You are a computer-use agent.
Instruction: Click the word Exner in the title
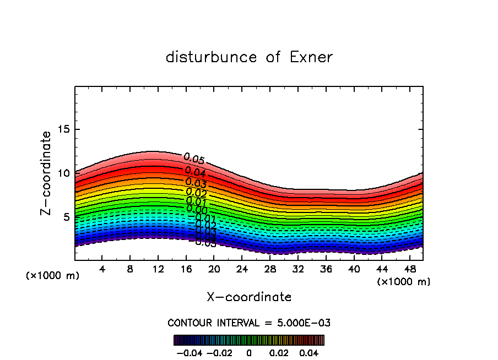coord(310,57)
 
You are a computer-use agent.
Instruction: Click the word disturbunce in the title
coord(211,57)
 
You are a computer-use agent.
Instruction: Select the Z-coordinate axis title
coord(47,173)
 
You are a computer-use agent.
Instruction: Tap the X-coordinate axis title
coord(249,297)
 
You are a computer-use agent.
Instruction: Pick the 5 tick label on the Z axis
coord(66,217)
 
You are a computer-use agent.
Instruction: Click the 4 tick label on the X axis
coord(102,270)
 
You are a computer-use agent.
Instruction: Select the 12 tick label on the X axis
coord(158,270)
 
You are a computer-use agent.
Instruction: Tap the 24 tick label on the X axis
coord(242,270)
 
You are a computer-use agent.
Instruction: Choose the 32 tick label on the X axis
coord(298,270)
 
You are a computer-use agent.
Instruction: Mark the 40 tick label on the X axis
coord(354,270)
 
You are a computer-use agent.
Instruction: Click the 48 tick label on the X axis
coord(410,270)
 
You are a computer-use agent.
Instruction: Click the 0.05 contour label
coord(194,159)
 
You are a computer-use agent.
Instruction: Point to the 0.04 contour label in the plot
coord(195,172)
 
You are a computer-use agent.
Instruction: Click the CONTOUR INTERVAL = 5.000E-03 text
coord(249,323)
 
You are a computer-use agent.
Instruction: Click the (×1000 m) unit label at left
coord(53,275)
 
